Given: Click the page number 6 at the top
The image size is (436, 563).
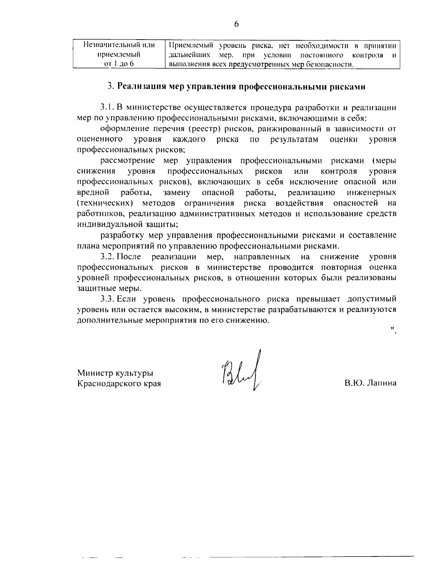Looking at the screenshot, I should coord(236,24).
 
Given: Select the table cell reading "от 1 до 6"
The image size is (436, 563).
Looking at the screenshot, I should coord(119,64).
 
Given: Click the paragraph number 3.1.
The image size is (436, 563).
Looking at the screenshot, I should coord(108,108).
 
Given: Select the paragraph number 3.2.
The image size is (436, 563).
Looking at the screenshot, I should coord(108,257).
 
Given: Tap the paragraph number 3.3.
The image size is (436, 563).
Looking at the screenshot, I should coord(108,299).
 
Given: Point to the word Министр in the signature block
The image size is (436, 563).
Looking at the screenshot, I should coord(95,373).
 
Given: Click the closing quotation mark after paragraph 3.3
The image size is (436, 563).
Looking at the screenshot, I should coord(393,329).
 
